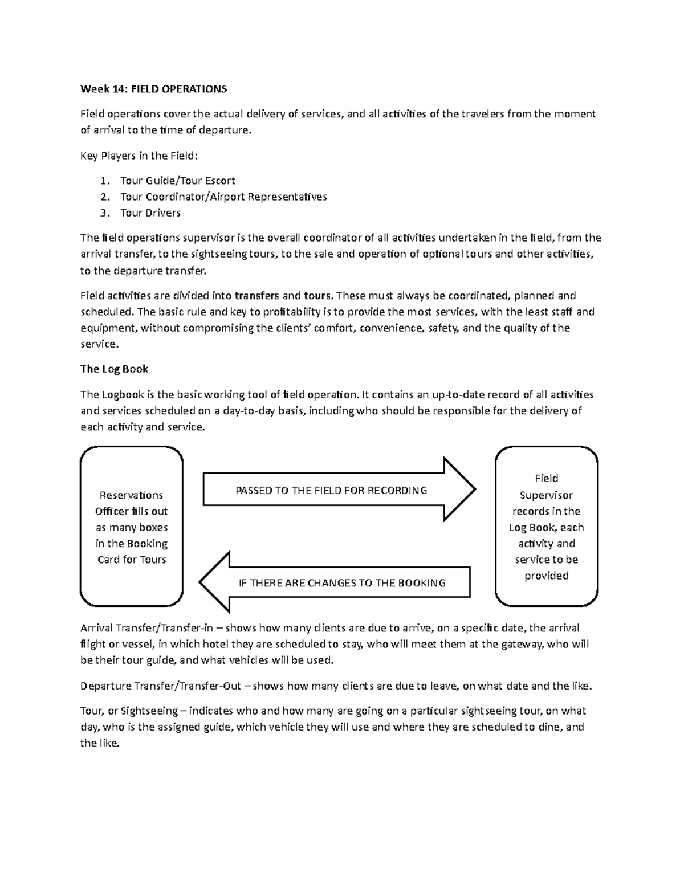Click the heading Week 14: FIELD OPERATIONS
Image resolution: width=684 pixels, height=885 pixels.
point(153,89)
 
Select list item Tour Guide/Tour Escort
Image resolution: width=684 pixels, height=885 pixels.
point(177,181)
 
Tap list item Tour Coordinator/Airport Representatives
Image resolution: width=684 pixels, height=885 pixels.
point(223,197)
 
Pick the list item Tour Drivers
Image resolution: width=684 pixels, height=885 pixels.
point(150,213)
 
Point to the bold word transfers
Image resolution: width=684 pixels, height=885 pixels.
point(256,296)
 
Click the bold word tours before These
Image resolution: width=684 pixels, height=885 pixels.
point(317,296)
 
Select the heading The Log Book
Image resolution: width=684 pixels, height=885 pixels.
point(114,369)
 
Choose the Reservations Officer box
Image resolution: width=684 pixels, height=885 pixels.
point(132,527)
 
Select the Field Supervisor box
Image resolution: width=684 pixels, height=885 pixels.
point(546,527)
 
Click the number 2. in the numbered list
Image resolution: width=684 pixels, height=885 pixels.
point(104,197)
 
